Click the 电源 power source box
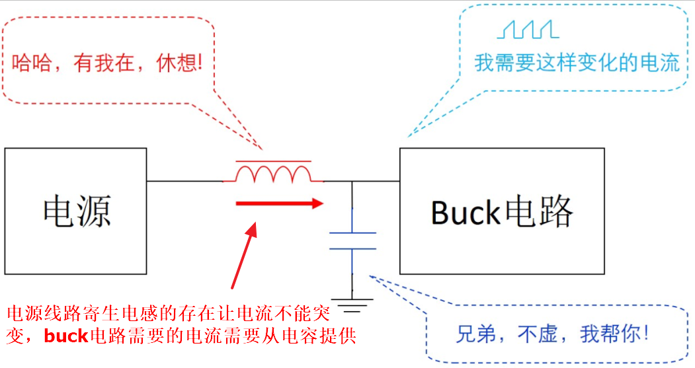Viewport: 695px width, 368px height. tap(75, 211)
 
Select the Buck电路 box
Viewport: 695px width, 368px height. tap(501, 211)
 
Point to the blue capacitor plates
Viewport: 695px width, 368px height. tap(352, 241)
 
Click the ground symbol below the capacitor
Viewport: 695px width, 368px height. tap(352, 306)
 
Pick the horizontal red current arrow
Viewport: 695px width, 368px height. tap(278, 203)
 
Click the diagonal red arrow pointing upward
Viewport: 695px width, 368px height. tap(243, 255)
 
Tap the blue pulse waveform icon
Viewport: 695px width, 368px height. tap(528, 29)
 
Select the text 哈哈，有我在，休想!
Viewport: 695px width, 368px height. tap(106, 63)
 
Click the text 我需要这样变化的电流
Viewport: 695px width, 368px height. tap(577, 63)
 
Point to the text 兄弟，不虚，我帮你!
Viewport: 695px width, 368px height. tap(553, 334)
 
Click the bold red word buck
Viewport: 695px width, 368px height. tap(66, 336)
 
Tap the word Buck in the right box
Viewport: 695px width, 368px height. tap(465, 212)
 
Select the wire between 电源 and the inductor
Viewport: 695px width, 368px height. tap(184, 181)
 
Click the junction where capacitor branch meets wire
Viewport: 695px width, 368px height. tap(352, 181)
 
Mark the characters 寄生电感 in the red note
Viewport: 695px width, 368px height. tap(110, 313)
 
